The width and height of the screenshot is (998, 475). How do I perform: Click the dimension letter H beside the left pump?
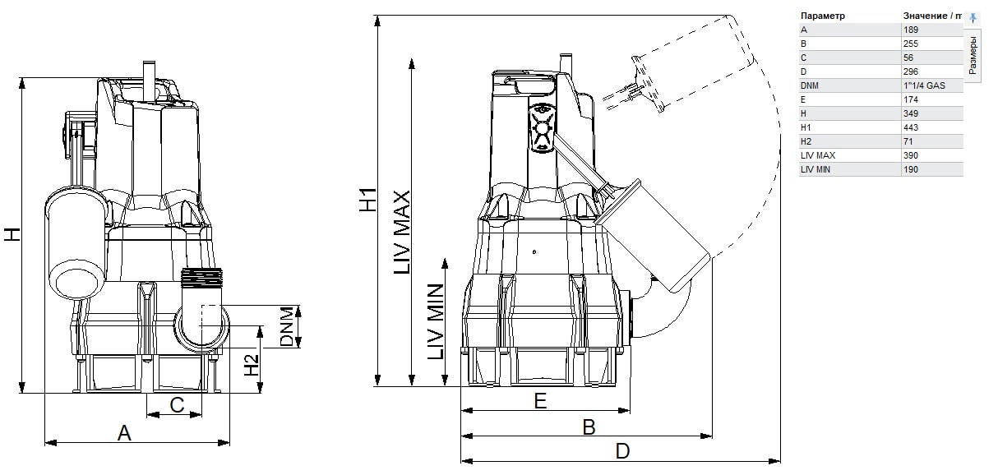(12, 234)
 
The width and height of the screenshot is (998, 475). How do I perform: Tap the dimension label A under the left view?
(124, 433)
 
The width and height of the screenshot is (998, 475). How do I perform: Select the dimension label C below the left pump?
(177, 405)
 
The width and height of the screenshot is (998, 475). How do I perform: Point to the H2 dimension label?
(252, 365)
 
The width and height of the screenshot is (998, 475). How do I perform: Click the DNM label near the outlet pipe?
(288, 326)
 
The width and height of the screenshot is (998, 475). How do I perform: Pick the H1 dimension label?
(368, 200)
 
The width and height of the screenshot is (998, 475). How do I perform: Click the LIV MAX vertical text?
(402, 233)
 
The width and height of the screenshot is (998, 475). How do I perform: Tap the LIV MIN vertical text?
(436, 321)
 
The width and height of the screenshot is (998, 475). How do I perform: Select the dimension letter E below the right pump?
(540, 400)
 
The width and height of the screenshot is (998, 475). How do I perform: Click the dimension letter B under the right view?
(589, 427)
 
